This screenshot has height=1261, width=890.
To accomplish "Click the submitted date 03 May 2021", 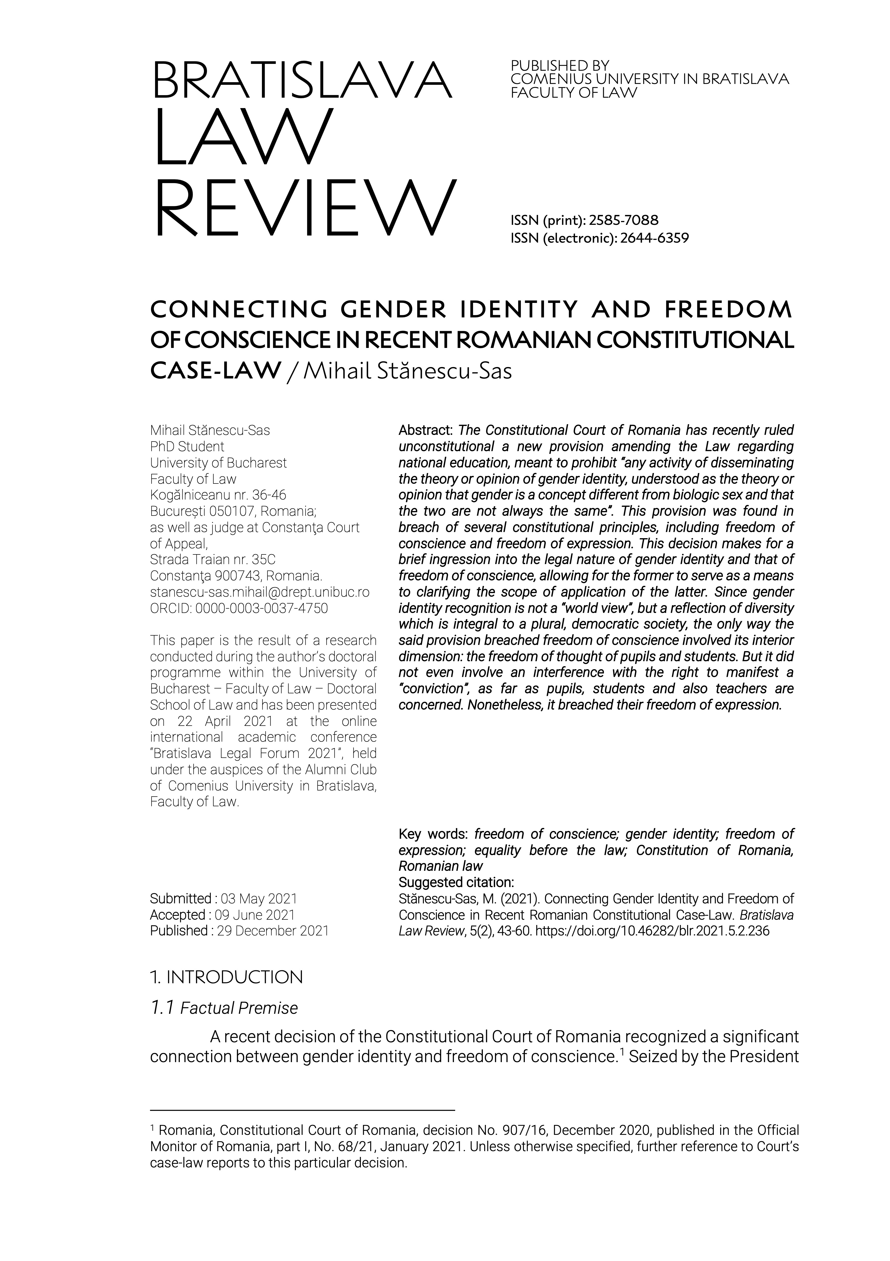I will (x=259, y=899).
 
